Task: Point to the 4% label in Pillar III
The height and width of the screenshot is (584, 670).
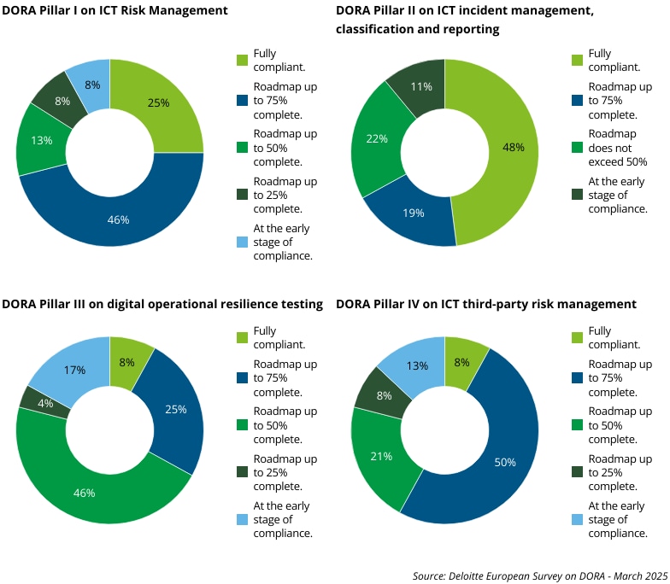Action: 46,404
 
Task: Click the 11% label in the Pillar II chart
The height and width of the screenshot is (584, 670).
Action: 420,87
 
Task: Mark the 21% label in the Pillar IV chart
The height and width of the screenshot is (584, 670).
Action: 381,456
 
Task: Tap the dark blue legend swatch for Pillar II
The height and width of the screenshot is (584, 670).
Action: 577,100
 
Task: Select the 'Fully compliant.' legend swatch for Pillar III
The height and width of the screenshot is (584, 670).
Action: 243,337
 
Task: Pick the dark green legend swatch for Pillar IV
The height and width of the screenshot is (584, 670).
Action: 577,472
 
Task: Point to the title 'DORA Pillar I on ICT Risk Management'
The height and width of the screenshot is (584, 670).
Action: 115,11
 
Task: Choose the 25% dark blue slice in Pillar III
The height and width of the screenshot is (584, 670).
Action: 175,410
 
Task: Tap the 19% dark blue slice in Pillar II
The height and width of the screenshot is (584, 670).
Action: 414,213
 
